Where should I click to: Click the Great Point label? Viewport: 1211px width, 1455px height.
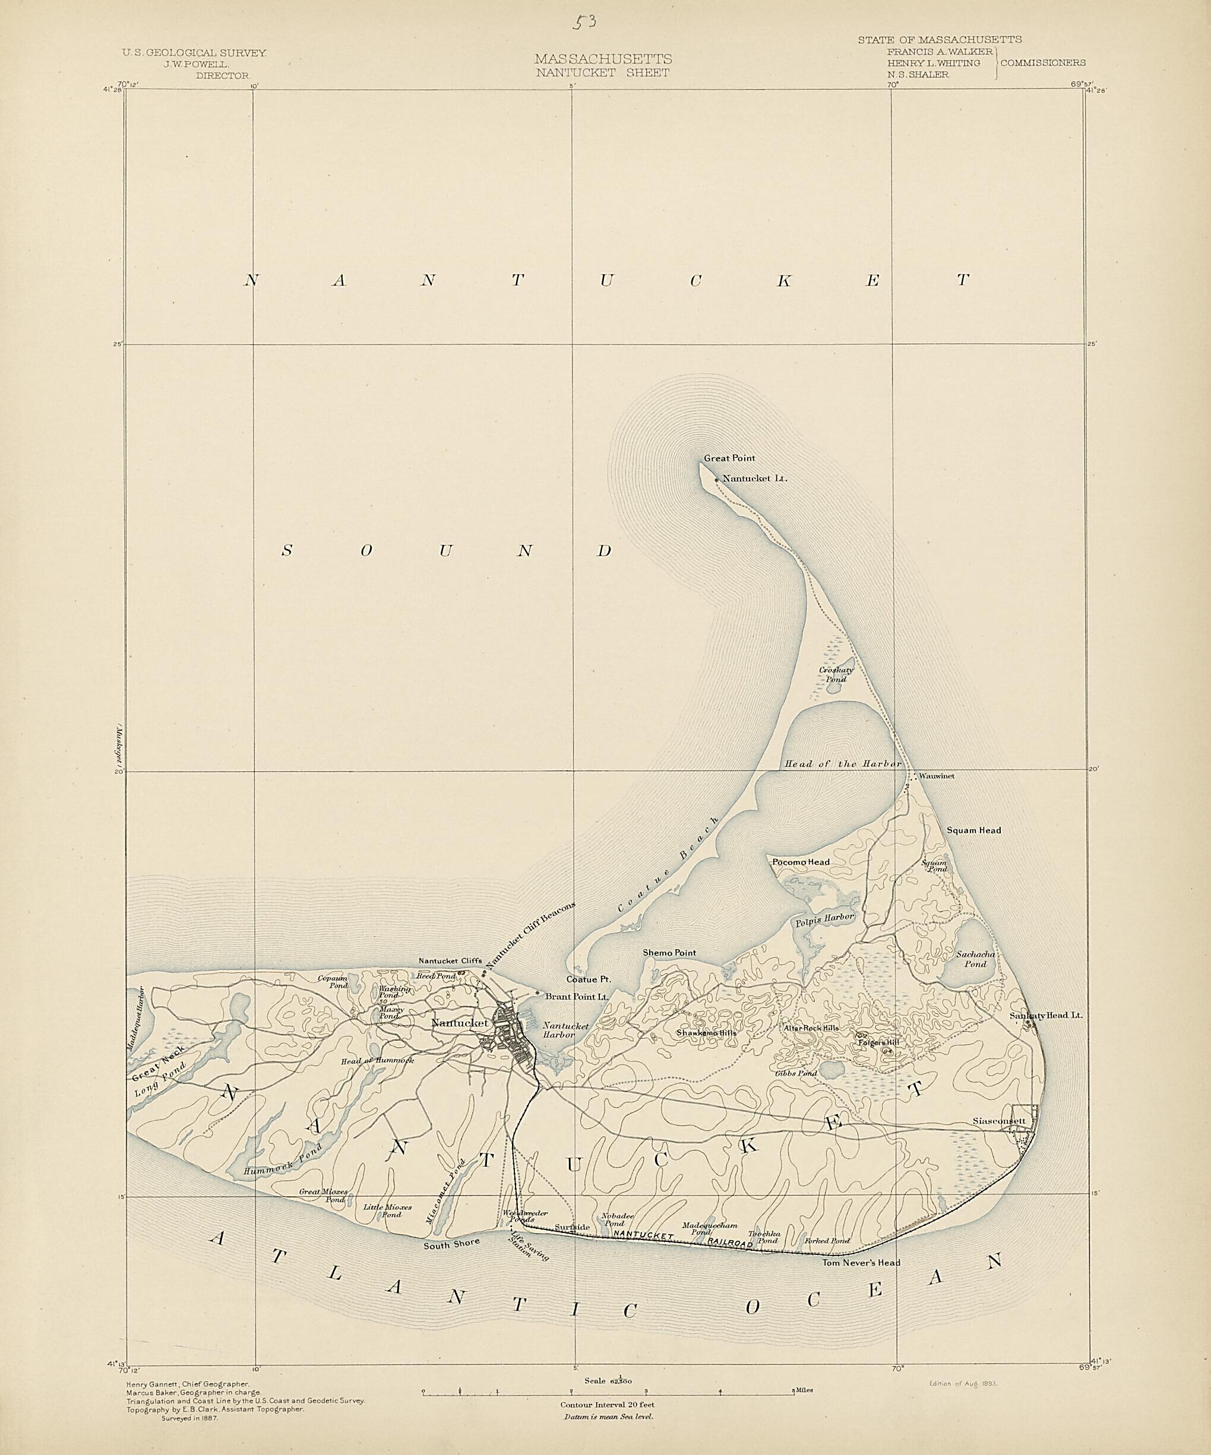729,458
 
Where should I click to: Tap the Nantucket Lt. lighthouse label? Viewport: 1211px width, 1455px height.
755,478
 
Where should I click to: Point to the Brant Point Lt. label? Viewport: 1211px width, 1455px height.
577,996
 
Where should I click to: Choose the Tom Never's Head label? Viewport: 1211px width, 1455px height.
861,1263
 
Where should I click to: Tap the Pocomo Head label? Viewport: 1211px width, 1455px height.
801,862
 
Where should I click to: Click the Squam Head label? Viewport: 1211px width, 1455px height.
974,830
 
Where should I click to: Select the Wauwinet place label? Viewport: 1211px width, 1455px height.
937,776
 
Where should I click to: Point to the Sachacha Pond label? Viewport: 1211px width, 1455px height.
975,959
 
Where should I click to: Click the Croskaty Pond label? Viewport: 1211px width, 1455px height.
836,675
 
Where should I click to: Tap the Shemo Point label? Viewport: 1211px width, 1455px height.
669,953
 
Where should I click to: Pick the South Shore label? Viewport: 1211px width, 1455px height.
452,1244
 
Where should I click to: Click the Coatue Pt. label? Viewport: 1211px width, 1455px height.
588,979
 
